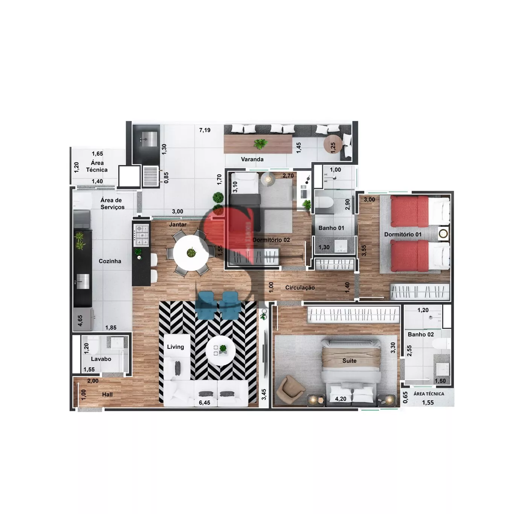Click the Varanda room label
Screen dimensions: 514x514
tap(252, 159)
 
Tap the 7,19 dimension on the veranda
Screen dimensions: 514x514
tap(205, 130)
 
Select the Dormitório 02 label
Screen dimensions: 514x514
tap(271, 240)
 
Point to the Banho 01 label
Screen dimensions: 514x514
tap(331, 228)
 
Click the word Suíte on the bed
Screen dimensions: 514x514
tap(350, 360)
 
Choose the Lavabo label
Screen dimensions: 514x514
tap(101, 359)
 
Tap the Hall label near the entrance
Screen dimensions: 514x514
tap(107, 394)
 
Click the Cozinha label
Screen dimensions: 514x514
tap(110, 261)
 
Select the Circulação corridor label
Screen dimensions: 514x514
tap(300, 287)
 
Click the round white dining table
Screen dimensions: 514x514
tap(191, 252)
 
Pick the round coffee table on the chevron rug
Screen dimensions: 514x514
tap(221, 350)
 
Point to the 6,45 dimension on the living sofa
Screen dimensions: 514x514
tap(205, 403)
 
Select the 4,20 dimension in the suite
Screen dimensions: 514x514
tap(341, 399)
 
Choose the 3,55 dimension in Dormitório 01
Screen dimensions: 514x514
tap(364, 251)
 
